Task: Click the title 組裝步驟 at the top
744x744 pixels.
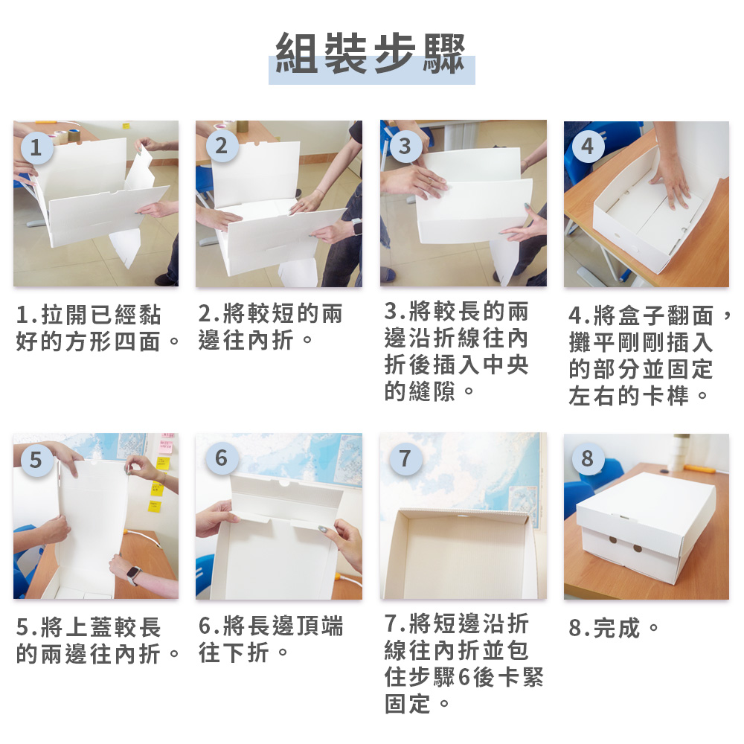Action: [x=371, y=54]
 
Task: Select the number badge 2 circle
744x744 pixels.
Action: [x=221, y=146]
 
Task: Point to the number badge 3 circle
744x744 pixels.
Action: [x=405, y=146]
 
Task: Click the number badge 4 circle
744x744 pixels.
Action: [x=589, y=146]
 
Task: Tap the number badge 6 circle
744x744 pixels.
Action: [x=221, y=458]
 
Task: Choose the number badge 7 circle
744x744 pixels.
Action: [x=405, y=458]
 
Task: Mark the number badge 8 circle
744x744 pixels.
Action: [x=589, y=458]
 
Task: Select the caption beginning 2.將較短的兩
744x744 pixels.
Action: [x=271, y=328]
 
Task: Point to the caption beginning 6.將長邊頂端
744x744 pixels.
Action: [x=271, y=641]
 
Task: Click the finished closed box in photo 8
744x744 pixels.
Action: [x=646, y=530]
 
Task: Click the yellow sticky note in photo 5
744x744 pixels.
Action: [x=157, y=488]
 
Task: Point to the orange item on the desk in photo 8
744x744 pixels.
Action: [x=700, y=469]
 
